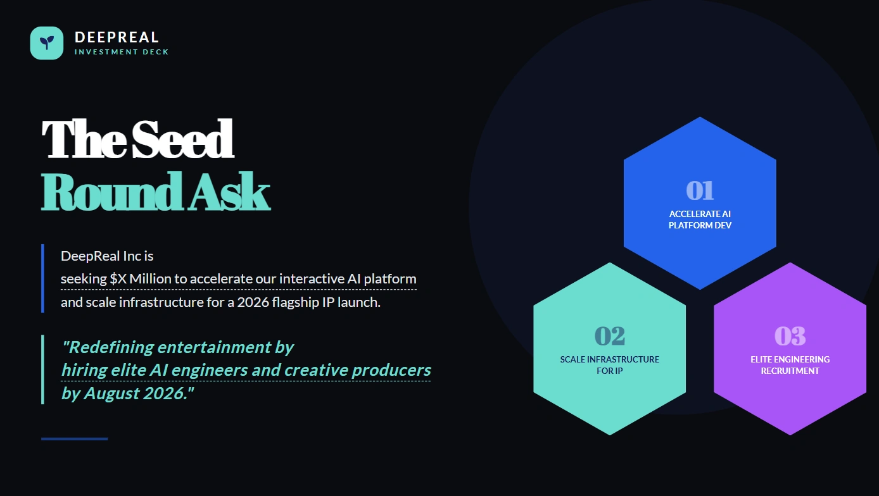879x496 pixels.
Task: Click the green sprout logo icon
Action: [x=47, y=43]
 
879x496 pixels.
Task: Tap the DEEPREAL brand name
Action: [x=117, y=37]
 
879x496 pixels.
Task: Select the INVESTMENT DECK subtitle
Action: [x=122, y=52]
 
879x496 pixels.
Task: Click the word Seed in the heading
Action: [x=183, y=139]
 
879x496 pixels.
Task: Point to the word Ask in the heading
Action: [x=229, y=192]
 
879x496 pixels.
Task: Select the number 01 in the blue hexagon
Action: [x=700, y=190]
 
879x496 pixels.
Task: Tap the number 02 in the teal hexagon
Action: [x=609, y=336]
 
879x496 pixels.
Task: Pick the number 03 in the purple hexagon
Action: [x=790, y=336]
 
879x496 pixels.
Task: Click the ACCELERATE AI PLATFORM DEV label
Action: [x=700, y=220]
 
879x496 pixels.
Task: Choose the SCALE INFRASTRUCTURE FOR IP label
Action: [x=609, y=365]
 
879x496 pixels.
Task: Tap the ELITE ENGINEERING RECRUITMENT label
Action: [x=790, y=365]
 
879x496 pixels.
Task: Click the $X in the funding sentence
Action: [x=118, y=279]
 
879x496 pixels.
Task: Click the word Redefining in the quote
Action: [x=108, y=347]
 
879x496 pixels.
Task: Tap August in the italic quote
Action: [x=111, y=394]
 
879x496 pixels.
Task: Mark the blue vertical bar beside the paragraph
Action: [x=43, y=278]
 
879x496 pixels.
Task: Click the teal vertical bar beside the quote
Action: [x=43, y=369]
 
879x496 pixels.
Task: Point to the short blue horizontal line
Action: [x=75, y=439]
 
